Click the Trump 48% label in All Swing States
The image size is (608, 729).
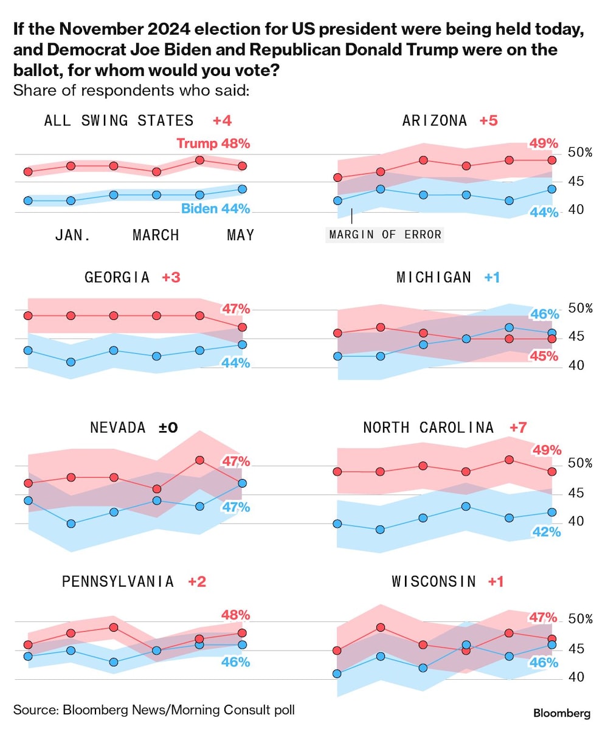click(213, 144)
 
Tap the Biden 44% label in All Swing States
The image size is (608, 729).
click(216, 209)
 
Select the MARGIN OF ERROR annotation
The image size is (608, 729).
click(385, 234)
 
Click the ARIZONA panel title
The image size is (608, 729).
click(435, 120)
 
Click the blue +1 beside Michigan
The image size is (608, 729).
click(492, 277)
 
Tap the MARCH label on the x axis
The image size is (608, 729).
click(156, 235)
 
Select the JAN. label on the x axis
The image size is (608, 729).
click(73, 235)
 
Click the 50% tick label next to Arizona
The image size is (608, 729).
click(579, 152)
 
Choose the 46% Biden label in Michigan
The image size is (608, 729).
click(544, 314)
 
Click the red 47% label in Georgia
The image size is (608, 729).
click(236, 309)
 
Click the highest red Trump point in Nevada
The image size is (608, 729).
click(199, 460)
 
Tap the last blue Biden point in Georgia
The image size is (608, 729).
click(242, 344)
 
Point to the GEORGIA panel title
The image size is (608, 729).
click(117, 277)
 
